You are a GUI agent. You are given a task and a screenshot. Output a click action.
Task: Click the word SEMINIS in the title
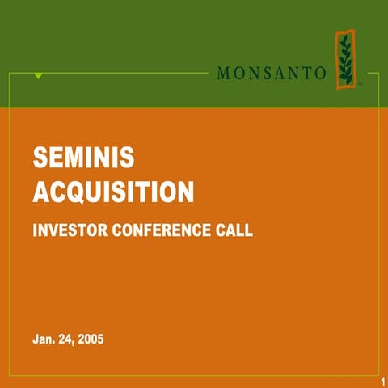point(83,158)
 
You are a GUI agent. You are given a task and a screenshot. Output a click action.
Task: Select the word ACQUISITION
point(113,192)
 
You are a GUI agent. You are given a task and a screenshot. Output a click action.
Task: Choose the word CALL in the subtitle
point(234,230)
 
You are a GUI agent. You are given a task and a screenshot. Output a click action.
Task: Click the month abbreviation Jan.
point(44,338)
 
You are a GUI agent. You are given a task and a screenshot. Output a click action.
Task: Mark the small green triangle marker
point(38,75)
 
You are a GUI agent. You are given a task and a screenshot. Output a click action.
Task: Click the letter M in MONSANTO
point(223,73)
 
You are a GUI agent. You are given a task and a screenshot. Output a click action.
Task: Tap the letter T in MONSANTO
point(306,73)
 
